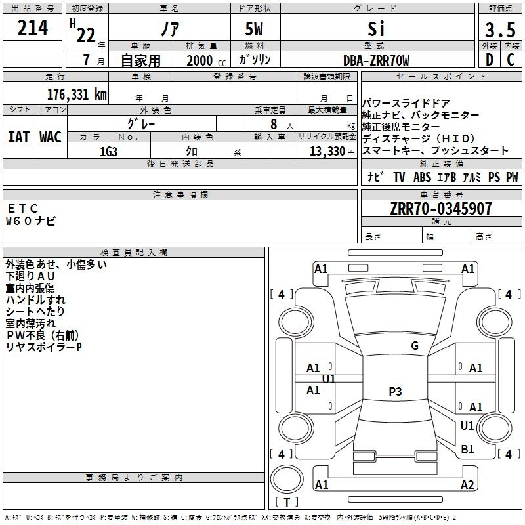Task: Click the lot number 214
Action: tap(32, 28)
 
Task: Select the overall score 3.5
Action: tap(500, 30)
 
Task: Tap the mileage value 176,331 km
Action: tap(77, 94)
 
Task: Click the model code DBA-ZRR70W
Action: tap(376, 60)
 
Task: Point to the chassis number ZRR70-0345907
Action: tap(441, 209)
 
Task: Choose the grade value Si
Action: tap(376, 29)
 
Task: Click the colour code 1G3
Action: tap(108, 152)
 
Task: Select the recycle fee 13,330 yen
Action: tap(332, 152)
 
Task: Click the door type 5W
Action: tap(254, 29)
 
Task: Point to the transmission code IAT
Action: tap(19, 137)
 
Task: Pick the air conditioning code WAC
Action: tap(51, 137)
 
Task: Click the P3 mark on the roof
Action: tap(395, 391)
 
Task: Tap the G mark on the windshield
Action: tap(415, 345)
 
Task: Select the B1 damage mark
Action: tap(467, 449)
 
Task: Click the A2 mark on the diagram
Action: tap(467, 484)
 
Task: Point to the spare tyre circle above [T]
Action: tap(287, 479)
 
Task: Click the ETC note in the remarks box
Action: tap(23, 208)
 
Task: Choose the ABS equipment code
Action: tap(422, 177)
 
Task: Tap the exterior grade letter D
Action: tap(490, 60)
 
